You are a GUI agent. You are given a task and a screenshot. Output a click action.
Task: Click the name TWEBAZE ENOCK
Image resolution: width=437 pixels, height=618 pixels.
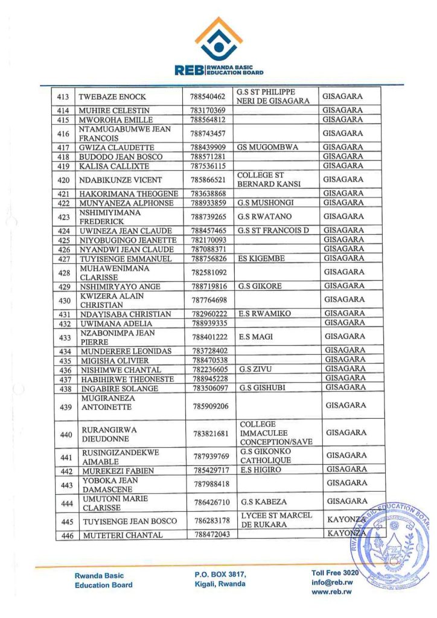113,97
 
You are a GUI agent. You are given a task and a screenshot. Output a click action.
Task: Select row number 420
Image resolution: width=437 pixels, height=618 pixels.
63,180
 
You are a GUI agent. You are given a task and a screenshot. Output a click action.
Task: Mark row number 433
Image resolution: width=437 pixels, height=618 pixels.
64,337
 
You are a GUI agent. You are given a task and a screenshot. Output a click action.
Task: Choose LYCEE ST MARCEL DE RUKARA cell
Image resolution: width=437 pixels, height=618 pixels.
276,520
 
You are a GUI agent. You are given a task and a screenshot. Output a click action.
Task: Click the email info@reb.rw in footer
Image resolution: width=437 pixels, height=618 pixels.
331,582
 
